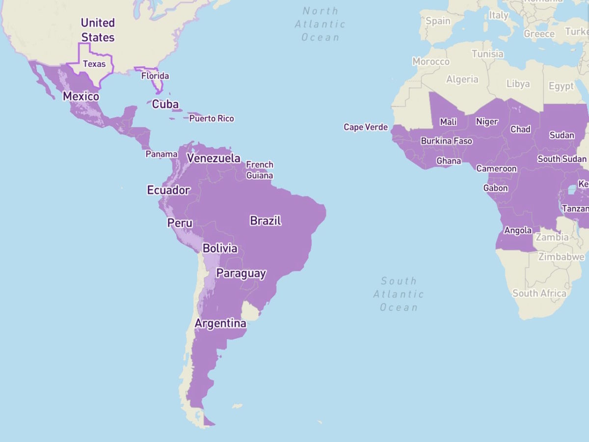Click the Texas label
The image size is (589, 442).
point(94,64)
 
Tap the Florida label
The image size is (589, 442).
point(155,76)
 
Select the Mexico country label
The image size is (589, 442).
point(81,96)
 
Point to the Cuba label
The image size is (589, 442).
point(165,104)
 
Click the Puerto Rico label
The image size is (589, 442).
point(212,118)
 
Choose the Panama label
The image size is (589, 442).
point(161,154)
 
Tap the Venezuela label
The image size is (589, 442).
point(214,158)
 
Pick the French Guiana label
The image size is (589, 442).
point(260,170)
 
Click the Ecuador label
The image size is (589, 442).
point(168,190)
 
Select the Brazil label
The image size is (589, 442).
point(266,221)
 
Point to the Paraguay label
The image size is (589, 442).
point(241,273)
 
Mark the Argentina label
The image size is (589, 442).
point(220,324)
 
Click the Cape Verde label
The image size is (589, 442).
point(366,127)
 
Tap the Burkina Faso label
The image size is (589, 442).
point(446,141)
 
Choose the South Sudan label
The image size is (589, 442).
point(562,159)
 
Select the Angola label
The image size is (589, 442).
point(518,230)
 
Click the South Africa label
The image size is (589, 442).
point(539,293)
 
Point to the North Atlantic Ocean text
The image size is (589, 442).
point(320,24)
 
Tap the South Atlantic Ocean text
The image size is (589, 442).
point(399,294)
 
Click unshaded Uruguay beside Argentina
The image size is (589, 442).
point(252,311)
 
